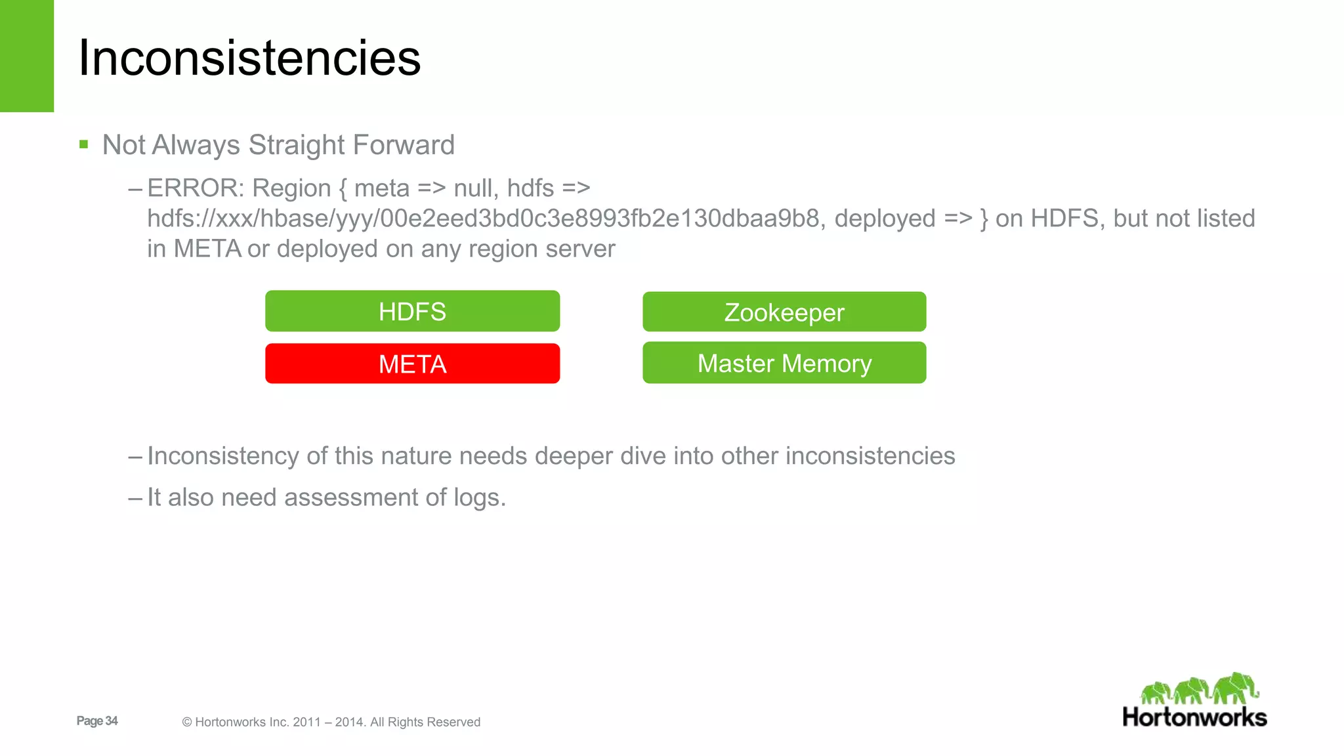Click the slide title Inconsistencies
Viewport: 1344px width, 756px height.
249,58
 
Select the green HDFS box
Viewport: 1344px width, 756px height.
412,311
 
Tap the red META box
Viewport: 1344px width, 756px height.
412,364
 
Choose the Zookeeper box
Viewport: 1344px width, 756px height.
784,312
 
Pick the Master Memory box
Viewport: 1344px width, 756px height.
784,363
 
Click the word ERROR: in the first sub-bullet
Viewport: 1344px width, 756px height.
196,188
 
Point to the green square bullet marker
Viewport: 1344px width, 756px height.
83,144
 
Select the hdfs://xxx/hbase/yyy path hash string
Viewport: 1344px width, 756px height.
483,219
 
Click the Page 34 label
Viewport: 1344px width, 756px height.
97,721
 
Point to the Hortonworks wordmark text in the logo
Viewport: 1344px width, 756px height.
1194,717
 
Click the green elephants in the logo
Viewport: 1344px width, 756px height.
1200,689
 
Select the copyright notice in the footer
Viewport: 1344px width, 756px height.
331,722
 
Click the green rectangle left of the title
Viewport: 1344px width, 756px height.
26,56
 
